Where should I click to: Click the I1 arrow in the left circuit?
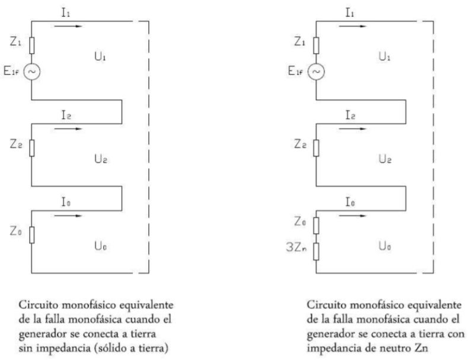point(69,25)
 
